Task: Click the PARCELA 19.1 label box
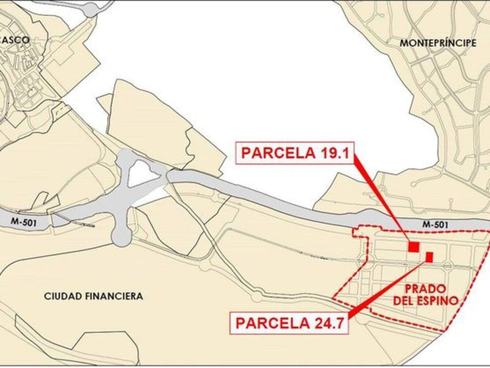coord(295,153)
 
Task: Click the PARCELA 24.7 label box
coord(289,323)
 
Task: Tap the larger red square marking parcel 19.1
coord(413,247)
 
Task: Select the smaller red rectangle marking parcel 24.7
coord(429,257)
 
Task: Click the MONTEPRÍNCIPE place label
coord(438,43)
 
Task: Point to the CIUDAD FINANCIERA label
coord(93,296)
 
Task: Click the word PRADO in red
coord(425,289)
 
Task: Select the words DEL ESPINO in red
coord(425,301)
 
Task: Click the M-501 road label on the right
coord(435,225)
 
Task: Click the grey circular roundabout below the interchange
coord(122,236)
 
